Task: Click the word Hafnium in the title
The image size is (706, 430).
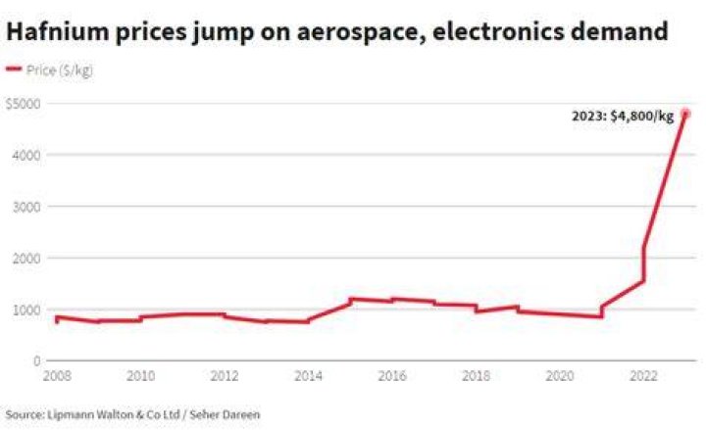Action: tap(58, 31)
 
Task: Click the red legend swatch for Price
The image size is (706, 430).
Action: tap(14, 69)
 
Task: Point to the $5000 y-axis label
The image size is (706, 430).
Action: tap(24, 104)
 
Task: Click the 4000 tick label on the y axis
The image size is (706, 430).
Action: tap(26, 155)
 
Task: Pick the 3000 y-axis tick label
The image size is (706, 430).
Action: tap(26, 207)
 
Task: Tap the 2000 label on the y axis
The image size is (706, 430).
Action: tap(26, 259)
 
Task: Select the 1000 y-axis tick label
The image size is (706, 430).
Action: tap(26, 310)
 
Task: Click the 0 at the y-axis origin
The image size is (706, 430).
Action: tap(37, 360)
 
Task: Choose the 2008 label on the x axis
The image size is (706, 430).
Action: tap(57, 375)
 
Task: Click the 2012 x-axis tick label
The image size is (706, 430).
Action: tap(225, 375)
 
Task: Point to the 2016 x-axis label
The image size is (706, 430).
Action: tap(392, 375)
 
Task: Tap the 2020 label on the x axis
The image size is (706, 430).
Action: tap(560, 375)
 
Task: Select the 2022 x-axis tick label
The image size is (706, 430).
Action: tap(643, 375)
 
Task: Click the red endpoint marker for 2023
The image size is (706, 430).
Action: tap(685, 114)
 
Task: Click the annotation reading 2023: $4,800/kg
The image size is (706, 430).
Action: tap(623, 117)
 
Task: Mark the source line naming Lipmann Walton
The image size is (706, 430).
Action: tap(132, 414)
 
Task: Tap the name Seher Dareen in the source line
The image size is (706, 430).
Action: tap(225, 413)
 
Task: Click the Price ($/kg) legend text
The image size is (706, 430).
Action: tap(60, 71)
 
